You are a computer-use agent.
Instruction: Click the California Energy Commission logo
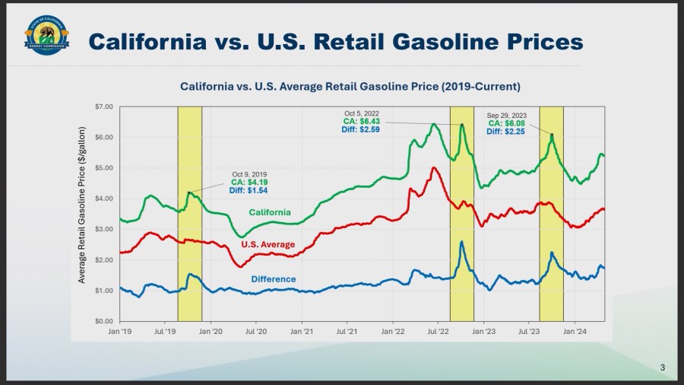[x=47, y=36]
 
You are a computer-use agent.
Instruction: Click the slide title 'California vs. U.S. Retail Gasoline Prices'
[x=335, y=40]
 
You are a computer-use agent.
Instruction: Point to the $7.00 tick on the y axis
[x=103, y=107]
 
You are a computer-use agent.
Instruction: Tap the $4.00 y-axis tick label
[x=103, y=199]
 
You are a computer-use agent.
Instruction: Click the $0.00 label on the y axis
[x=103, y=321]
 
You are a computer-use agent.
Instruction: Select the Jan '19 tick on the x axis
[x=120, y=332]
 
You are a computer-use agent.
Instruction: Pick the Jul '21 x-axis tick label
[x=347, y=332]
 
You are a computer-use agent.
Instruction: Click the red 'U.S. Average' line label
[x=268, y=245]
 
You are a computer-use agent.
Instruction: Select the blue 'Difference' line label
[x=273, y=279]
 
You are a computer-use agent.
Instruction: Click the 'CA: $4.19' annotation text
[x=250, y=183]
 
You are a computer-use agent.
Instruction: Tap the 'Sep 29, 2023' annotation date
[x=506, y=115]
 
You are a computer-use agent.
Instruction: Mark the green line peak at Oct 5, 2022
[x=461, y=124]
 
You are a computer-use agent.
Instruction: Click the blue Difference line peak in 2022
[x=461, y=242]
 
